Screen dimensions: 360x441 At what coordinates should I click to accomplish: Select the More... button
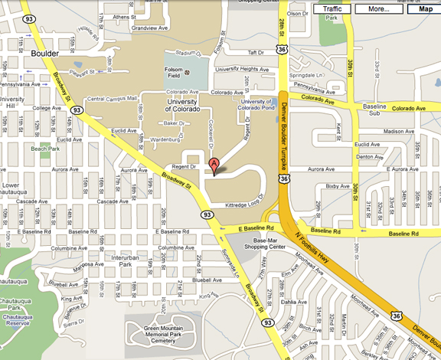378,9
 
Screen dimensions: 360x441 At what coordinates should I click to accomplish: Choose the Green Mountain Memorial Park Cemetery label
158,335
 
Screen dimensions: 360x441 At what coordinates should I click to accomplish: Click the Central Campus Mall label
112,99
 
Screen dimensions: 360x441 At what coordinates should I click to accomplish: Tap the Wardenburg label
165,140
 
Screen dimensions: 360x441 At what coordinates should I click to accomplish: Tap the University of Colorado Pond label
256,105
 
